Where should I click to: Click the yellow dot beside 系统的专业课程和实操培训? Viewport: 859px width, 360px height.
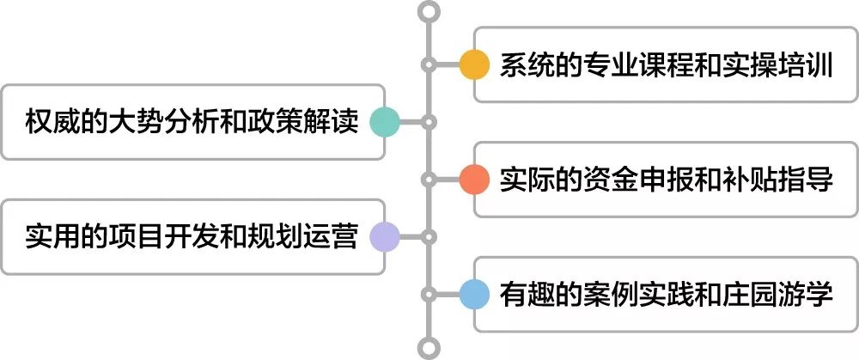(473, 65)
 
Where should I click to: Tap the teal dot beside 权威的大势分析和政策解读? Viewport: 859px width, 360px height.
(384, 122)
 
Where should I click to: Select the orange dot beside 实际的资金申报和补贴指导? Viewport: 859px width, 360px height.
(473, 180)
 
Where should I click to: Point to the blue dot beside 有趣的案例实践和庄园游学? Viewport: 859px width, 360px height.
(473, 294)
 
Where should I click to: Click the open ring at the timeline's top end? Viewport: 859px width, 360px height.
(429, 11)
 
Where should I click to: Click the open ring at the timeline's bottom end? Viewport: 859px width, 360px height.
(429, 348)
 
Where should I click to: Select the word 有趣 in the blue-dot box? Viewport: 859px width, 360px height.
(521, 294)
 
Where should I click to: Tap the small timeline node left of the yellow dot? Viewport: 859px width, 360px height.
(429, 65)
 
